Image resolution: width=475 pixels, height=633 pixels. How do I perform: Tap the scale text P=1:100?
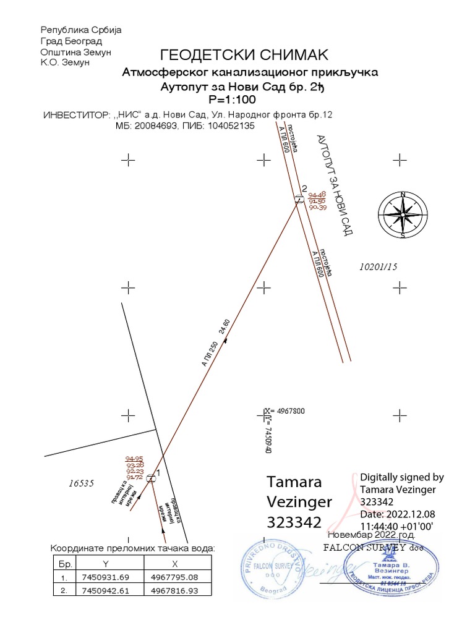coord(233,99)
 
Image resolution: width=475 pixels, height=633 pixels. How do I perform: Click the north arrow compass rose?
coord(403,215)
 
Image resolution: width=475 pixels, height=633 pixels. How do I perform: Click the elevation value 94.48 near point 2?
coord(317,194)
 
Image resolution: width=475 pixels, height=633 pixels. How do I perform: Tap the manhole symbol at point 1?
coord(150,474)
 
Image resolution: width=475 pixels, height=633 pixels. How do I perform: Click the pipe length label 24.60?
coord(225,329)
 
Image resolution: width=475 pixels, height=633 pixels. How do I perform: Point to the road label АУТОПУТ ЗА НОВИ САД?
coord(333,185)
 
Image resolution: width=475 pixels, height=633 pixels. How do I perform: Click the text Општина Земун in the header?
coord(75,52)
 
